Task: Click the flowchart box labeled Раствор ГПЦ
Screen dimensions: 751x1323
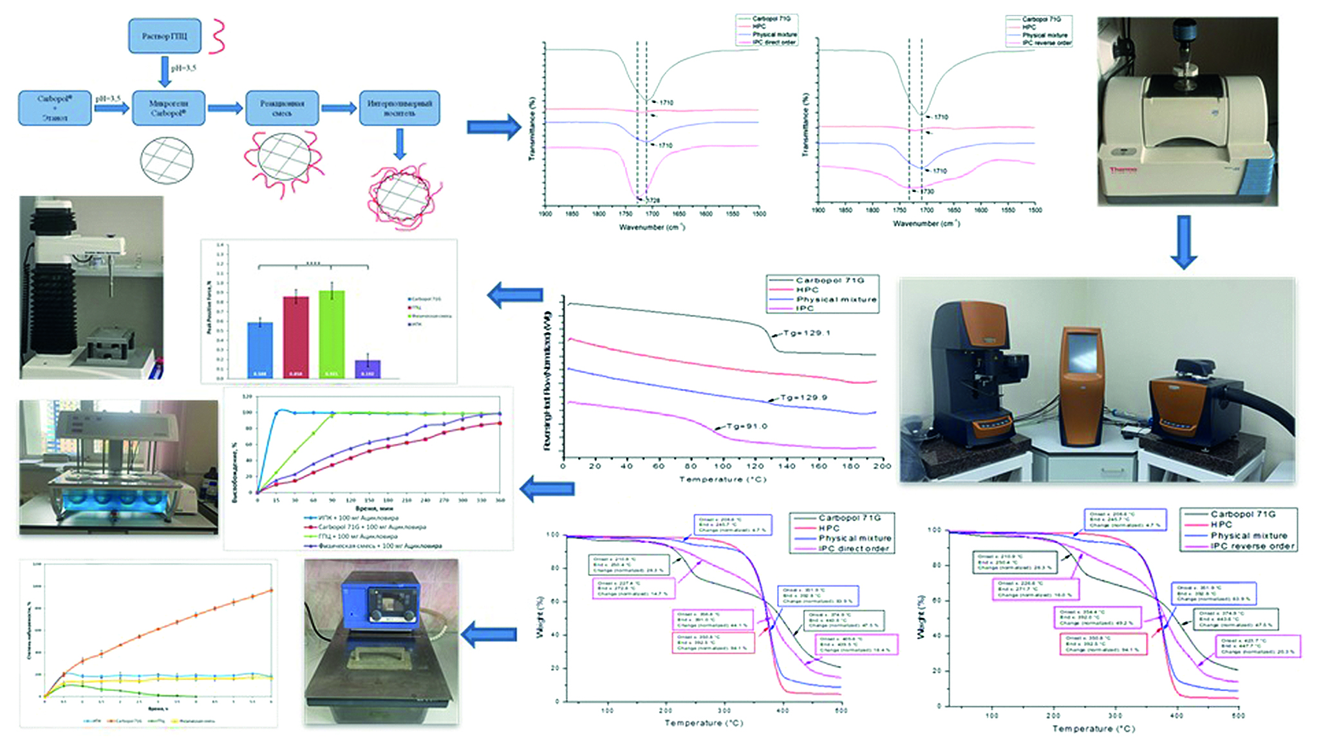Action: [x=165, y=36]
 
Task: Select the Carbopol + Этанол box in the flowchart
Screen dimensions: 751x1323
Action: [x=55, y=108]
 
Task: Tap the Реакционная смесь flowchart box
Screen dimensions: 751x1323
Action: [x=282, y=108]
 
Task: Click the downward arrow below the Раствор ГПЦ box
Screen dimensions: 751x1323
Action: [x=165, y=71]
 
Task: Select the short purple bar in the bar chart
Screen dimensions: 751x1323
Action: [x=368, y=368]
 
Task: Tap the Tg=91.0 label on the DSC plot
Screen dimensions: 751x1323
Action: [x=747, y=426]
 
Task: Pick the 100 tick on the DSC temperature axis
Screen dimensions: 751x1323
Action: [x=722, y=466]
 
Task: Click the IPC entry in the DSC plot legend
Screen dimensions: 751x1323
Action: [x=805, y=309]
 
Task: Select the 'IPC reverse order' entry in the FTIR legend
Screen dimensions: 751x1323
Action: [x=1047, y=43]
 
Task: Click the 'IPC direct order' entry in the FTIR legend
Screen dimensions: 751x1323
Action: [x=774, y=43]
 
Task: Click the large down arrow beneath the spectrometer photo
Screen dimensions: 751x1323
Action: [x=1183, y=242]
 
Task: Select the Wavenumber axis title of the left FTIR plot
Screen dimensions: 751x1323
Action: [x=652, y=227]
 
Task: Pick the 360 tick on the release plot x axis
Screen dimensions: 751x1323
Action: [x=501, y=500]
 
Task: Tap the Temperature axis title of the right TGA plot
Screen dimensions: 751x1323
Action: [x=1093, y=728]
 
